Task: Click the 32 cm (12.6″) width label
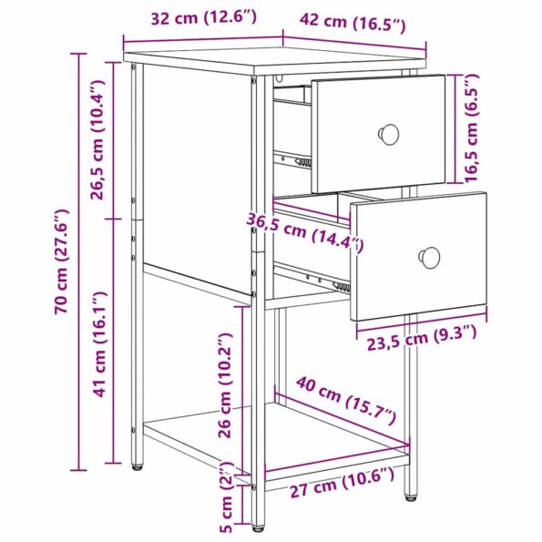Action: click(x=202, y=16)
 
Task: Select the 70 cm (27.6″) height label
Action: click(x=62, y=263)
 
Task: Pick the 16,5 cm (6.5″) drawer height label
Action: click(x=471, y=128)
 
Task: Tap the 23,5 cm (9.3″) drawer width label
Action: click(x=423, y=339)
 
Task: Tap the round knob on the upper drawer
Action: click(x=389, y=134)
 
